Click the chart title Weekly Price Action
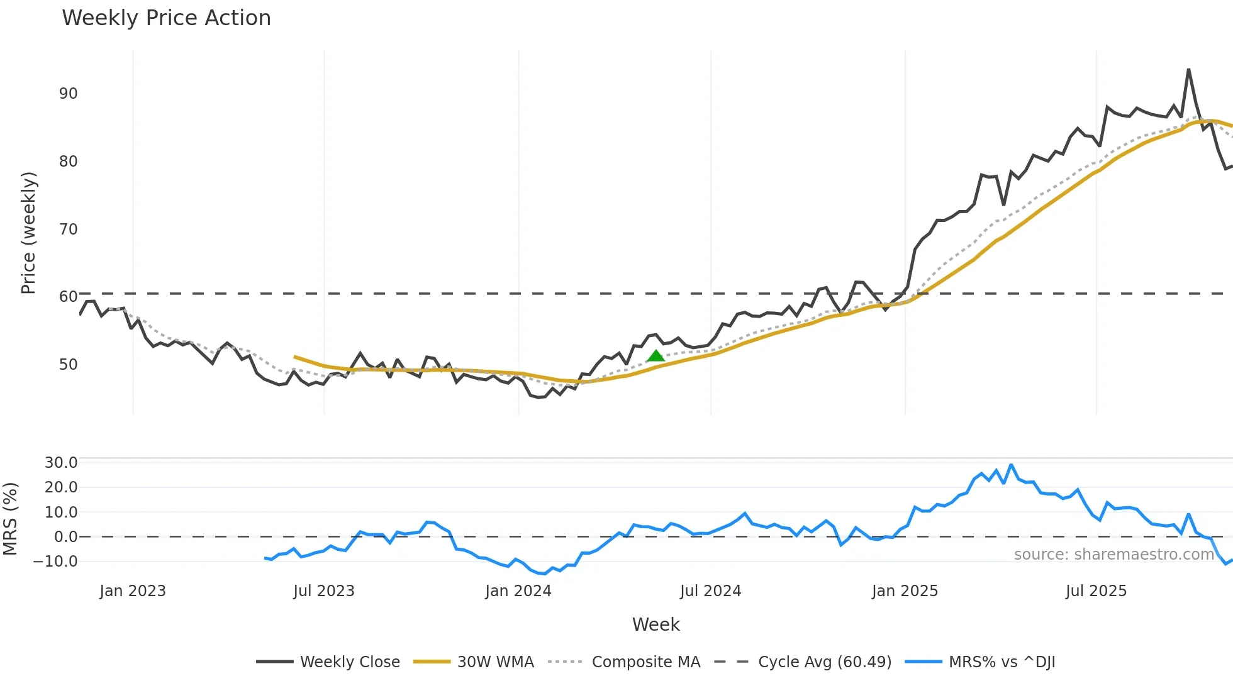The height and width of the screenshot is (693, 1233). [166, 18]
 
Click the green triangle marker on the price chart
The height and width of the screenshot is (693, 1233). [656, 356]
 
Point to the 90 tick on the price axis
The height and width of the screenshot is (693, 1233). [68, 94]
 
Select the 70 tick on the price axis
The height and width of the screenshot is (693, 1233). [68, 230]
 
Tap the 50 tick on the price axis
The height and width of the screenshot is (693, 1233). [68, 365]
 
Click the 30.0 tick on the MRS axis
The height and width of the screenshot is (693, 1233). [61, 463]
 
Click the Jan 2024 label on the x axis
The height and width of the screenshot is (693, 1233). [518, 591]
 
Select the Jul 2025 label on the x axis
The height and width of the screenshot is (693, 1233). [1096, 591]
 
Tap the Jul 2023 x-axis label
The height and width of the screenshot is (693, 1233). [324, 591]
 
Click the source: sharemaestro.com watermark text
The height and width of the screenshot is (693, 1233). [1113, 555]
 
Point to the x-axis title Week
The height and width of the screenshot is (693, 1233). [656, 624]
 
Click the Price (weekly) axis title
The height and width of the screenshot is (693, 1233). [28, 233]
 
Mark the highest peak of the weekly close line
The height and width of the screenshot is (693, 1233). [1188, 70]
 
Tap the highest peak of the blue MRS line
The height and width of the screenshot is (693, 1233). [1011, 465]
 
